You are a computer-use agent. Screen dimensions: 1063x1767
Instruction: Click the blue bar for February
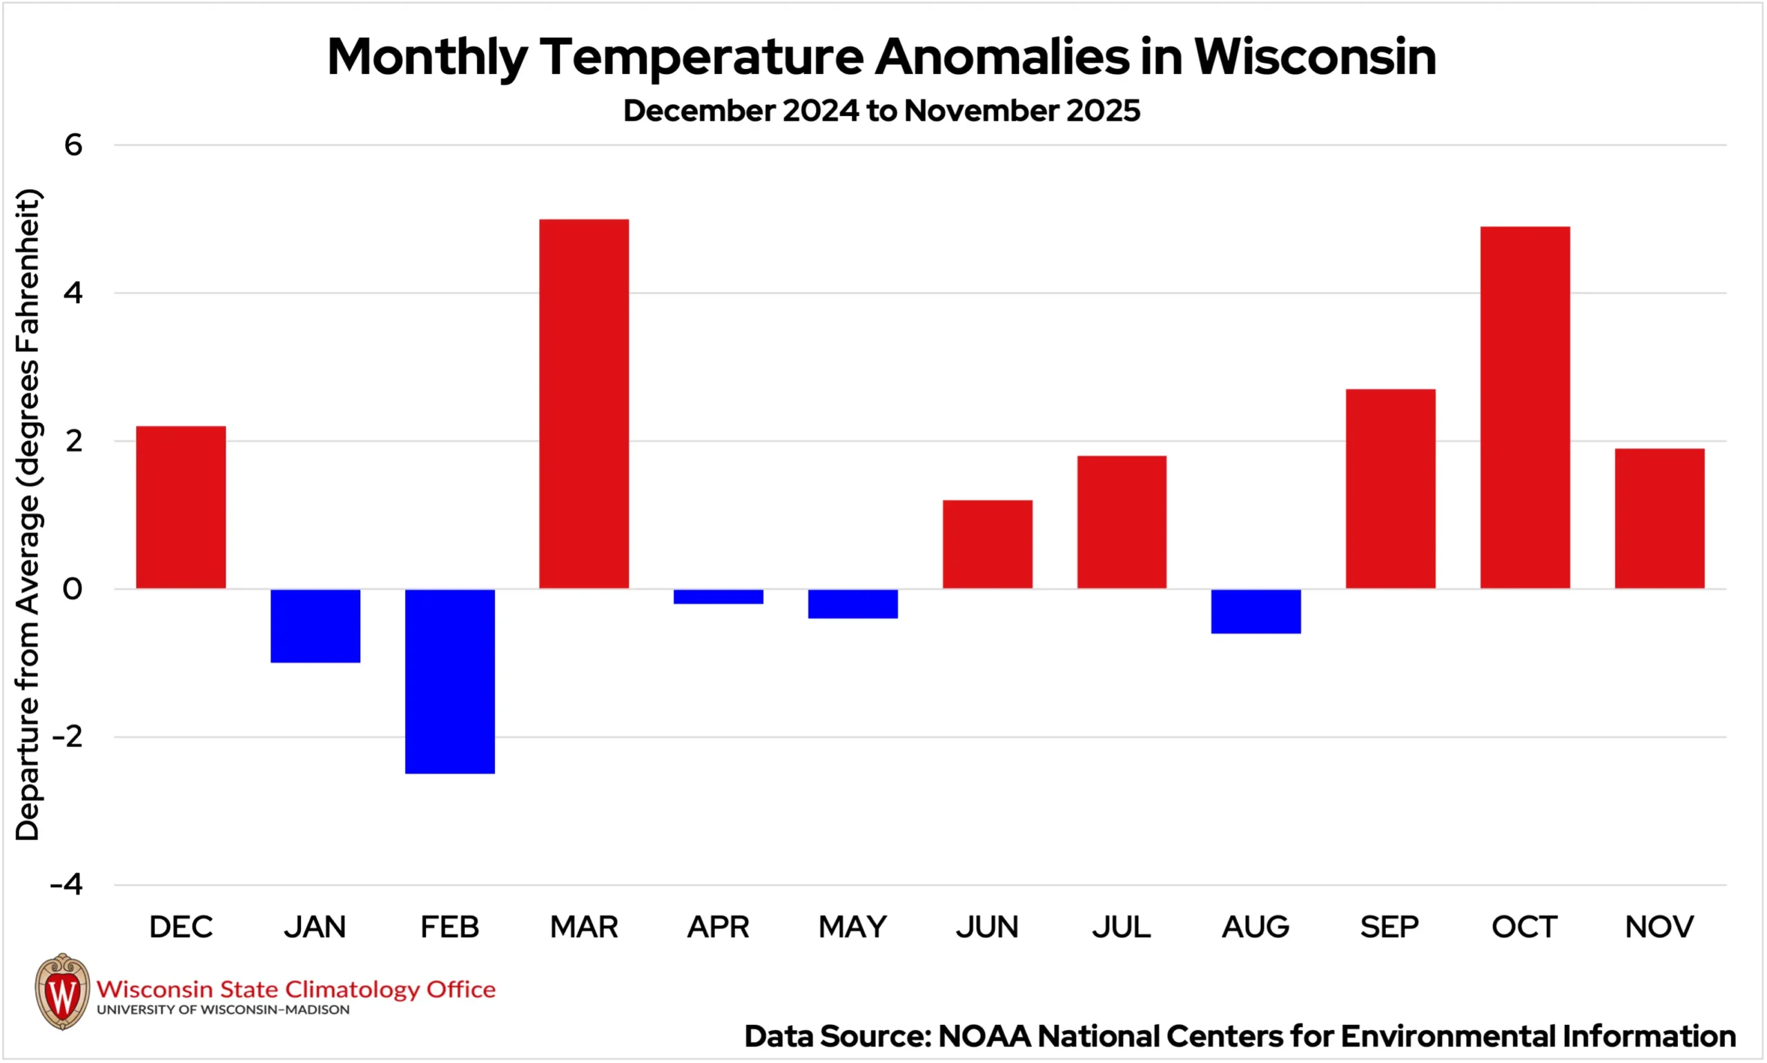(450, 681)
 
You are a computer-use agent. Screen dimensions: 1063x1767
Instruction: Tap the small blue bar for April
(719, 596)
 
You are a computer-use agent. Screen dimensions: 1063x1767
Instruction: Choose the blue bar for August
(1256, 611)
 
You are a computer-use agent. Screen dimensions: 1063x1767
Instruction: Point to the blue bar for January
(315, 625)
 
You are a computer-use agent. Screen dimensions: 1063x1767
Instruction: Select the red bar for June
(987, 544)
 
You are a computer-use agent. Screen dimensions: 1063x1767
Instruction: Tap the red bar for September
(1390, 489)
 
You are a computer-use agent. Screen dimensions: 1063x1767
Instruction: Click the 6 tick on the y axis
(73, 146)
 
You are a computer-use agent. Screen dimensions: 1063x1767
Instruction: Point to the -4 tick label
(67, 885)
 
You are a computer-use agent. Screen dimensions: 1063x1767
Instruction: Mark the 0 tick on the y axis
(72, 589)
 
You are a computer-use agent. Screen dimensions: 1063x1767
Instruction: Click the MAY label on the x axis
(852, 927)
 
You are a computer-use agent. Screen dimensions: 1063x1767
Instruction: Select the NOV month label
(1659, 927)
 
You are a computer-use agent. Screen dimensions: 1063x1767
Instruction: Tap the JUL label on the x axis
(1121, 927)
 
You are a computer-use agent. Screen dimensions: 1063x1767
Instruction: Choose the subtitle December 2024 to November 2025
(881, 110)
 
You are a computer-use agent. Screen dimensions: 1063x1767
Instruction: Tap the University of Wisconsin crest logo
(62, 991)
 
